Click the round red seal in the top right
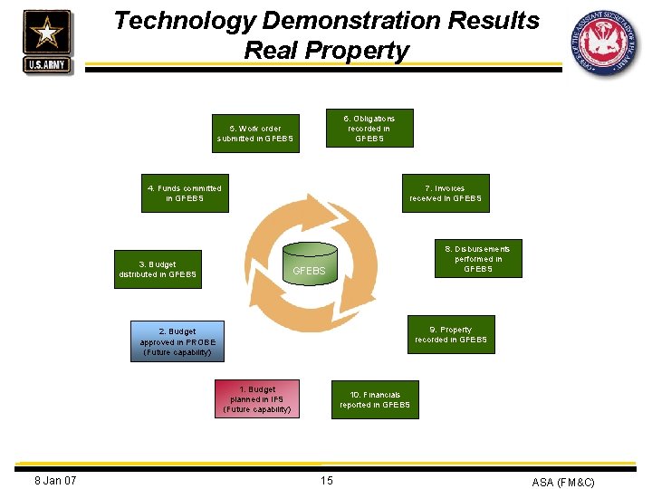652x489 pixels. pos(604,43)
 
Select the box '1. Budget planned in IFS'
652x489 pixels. pos(257,399)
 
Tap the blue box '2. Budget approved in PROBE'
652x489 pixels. pos(177,341)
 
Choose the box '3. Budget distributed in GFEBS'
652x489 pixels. pos(158,269)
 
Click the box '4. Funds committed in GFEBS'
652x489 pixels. pos(185,193)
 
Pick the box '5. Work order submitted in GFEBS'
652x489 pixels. pos(255,133)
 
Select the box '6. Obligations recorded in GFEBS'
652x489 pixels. pos(369,129)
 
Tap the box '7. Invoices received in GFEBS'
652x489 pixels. pos(446,193)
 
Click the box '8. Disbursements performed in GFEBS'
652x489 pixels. pos(477,258)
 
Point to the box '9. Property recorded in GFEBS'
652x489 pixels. pos(450,334)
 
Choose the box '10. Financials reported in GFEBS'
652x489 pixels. pos(375,399)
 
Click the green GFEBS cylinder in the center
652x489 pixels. pos(309,262)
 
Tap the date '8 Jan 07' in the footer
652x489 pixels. pos(55,480)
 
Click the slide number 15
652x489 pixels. pos(326,480)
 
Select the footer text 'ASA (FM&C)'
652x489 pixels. pos(563,482)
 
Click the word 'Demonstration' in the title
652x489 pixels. pos(334,20)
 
